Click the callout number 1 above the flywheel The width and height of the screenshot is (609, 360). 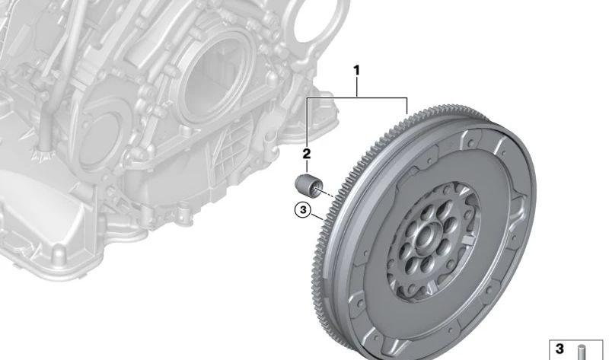click(356, 71)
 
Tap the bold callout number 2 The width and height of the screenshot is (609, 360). click(307, 154)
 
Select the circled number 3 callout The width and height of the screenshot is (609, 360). click(303, 210)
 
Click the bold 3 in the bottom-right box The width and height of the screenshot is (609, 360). click(560, 349)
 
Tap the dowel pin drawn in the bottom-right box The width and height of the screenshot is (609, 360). click(582, 352)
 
